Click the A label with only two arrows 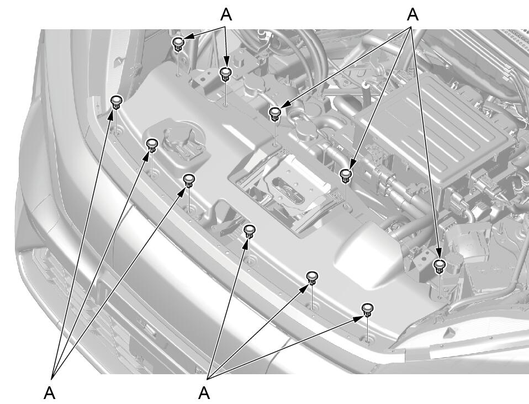tap(226, 14)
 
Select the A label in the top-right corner tap(412, 14)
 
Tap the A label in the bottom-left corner tap(50, 392)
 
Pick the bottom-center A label tap(204, 392)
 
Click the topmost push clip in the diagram tap(178, 44)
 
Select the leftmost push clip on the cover tap(117, 102)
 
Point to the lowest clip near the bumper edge tap(367, 309)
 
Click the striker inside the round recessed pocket tap(182, 142)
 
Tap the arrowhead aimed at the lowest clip tap(358, 318)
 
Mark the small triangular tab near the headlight tap(449, 333)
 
